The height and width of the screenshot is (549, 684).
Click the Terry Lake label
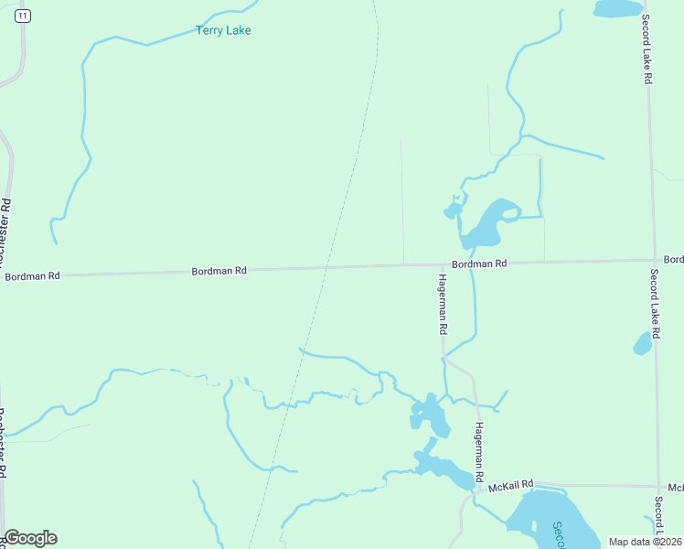(223, 30)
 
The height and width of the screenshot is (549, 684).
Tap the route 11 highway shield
(23, 16)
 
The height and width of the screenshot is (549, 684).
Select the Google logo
(30, 538)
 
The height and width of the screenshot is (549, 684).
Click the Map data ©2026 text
(646, 542)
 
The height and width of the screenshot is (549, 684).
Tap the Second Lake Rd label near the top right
(646, 50)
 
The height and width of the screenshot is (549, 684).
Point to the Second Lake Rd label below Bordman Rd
(655, 302)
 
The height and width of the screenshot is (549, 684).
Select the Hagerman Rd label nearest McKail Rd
(477, 446)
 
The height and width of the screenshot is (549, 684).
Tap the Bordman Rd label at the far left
(32, 275)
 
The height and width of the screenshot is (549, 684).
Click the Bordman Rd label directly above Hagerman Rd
(479, 264)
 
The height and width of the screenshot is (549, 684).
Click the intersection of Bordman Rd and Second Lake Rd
(655, 261)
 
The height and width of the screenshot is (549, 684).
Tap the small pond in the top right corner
(618, 8)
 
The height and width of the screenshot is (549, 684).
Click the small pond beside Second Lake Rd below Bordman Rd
(643, 344)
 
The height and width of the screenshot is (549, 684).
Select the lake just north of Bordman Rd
(486, 224)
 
